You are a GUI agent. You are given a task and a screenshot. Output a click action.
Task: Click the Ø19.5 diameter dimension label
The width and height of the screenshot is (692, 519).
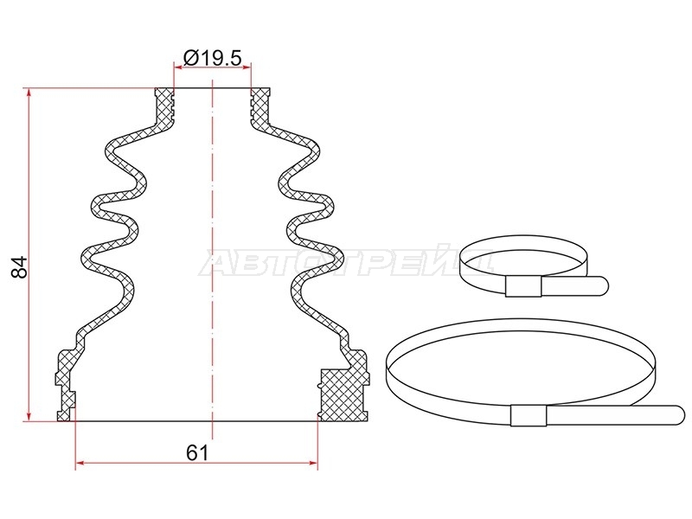(212, 57)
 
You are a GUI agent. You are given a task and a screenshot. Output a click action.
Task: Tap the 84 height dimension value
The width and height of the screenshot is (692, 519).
(19, 267)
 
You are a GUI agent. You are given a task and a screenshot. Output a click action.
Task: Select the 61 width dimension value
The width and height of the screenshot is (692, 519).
(197, 452)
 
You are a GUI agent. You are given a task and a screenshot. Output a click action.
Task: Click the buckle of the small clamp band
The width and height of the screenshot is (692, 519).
(523, 287)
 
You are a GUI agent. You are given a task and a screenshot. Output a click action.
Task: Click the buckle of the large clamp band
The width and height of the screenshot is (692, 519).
(529, 415)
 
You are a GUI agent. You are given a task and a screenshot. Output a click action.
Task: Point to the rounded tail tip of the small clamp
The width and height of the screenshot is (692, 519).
(604, 285)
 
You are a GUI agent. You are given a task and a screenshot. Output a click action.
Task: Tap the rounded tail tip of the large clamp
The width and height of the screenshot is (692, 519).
(681, 416)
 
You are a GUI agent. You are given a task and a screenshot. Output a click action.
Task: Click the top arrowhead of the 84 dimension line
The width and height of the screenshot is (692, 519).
(29, 93)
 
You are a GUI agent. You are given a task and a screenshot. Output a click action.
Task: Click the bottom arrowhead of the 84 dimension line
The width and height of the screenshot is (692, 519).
(29, 416)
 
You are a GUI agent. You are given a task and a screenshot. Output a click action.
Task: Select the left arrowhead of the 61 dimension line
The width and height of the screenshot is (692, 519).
(80, 463)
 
